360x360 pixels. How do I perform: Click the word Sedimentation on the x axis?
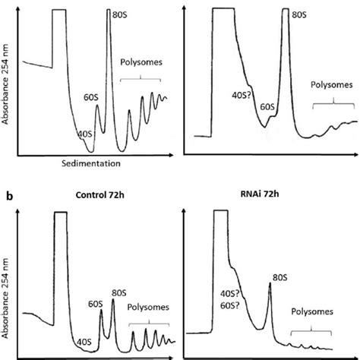coord(90,163)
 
